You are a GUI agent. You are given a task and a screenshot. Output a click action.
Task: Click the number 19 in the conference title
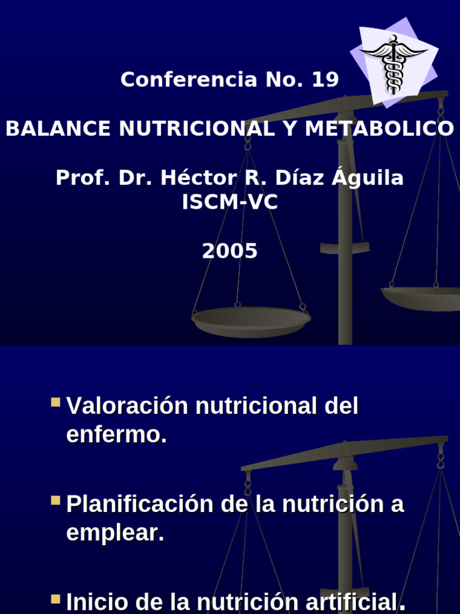point(325,80)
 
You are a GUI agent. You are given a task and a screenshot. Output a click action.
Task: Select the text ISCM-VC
point(230,203)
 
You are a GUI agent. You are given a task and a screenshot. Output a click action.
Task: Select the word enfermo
point(116,435)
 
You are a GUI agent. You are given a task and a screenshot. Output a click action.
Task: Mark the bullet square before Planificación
point(56,500)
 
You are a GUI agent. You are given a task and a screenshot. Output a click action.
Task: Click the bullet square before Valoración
point(56,402)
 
